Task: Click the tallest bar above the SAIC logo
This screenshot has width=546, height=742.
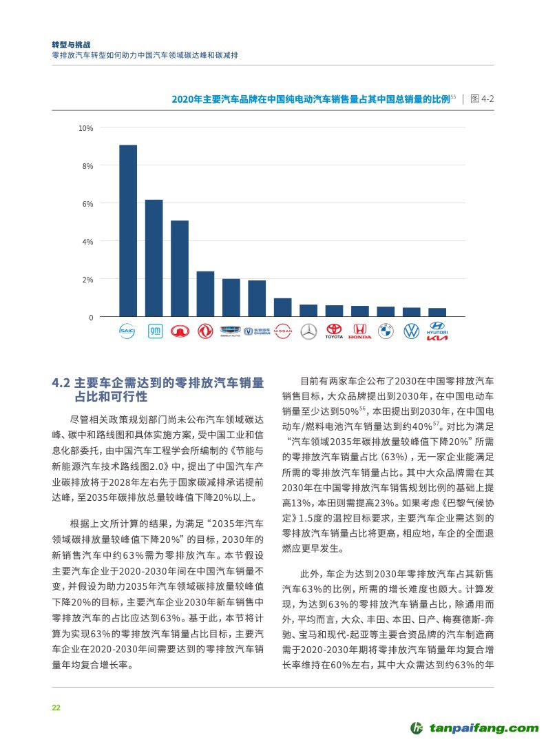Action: pyautogui.click(x=128, y=231)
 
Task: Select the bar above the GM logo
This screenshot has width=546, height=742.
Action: pyautogui.click(x=154, y=258)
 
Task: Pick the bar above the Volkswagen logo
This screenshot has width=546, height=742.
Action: pyautogui.click(x=411, y=312)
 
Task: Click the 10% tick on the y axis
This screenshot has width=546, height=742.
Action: pyautogui.click(x=86, y=128)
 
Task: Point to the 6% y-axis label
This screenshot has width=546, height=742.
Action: pyautogui.click(x=87, y=204)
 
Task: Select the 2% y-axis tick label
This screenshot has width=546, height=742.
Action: pyautogui.click(x=87, y=280)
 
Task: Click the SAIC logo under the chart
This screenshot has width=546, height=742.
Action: pyautogui.click(x=128, y=331)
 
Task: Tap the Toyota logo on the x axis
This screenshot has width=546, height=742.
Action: pyautogui.click(x=334, y=331)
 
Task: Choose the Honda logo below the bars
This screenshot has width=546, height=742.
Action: pyautogui.click(x=359, y=331)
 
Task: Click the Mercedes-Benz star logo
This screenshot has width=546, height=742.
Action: pyautogui.click(x=308, y=331)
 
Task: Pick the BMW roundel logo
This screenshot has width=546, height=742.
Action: pyautogui.click(x=386, y=331)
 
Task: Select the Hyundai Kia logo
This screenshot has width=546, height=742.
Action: pyautogui.click(x=437, y=331)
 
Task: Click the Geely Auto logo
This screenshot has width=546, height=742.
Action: pyautogui.click(x=231, y=331)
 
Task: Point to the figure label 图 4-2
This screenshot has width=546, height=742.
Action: pyautogui.click(x=481, y=99)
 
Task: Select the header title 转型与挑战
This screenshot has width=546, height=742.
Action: pyautogui.click(x=71, y=43)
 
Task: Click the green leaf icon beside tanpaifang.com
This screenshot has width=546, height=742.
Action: pyautogui.click(x=417, y=728)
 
